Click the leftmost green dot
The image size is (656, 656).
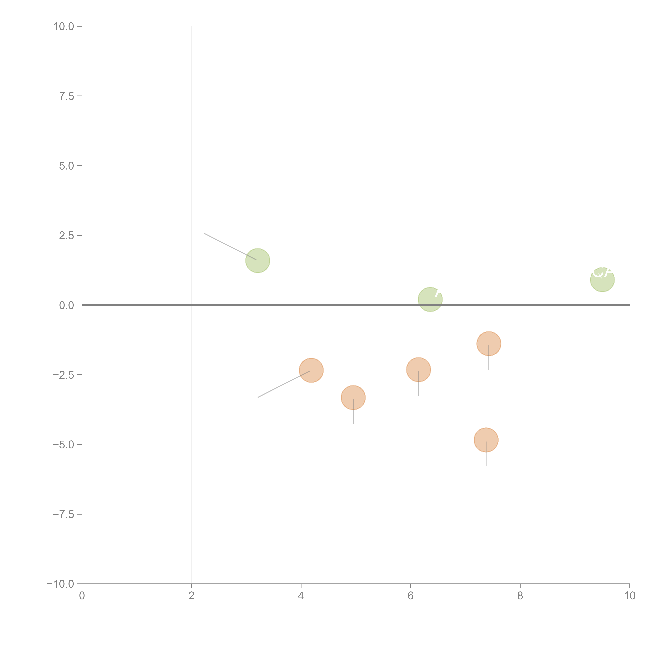pyautogui.click(x=258, y=260)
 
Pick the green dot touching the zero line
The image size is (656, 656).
pyautogui.click(x=430, y=299)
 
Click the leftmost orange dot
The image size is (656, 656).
pyautogui.click(x=311, y=370)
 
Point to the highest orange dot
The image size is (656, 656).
pyautogui.click(x=489, y=344)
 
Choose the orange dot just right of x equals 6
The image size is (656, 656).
pyautogui.click(x=418, y=369)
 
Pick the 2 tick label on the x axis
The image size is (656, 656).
pyautogui.click(x=192, y=596)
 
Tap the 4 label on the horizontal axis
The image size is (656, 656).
pyautogui.click(x=301, y=596)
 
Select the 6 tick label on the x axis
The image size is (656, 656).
pyautogui.click(x=411, y=596)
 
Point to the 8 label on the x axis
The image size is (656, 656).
pyautogui.click(x=520, y=596)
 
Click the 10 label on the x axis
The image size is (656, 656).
pyautogui.click(x=629, y=596)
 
